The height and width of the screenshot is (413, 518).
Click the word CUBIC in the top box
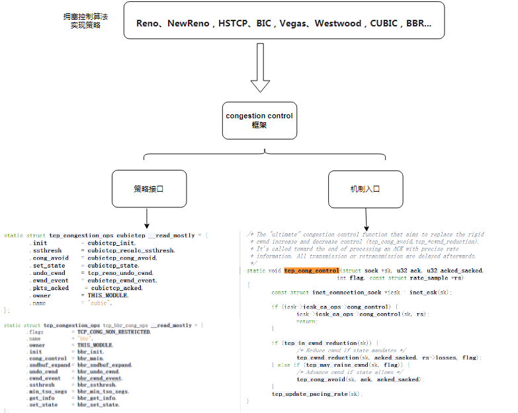tap(384, 24)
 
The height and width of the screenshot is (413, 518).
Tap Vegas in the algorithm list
tap(294, 24)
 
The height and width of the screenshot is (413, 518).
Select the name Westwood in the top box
tap(338, 24)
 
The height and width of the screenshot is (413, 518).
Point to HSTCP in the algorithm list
tap(234, 24)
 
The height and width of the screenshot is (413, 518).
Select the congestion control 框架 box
tap(259, 120)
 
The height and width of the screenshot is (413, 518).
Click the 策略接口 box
tap(148, 189)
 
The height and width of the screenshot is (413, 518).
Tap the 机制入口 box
tap(365, 189)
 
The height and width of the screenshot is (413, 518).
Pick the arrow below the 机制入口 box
tap(366, 217)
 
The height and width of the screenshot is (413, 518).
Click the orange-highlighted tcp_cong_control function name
tap(312, 270)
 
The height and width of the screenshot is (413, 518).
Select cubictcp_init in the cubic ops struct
tap(111, 243)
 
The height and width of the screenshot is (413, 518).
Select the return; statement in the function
tap(306, 320)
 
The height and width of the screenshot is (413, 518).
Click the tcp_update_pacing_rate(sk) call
tap(316, 393)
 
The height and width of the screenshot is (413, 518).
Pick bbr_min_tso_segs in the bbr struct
tap(103, 391)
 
